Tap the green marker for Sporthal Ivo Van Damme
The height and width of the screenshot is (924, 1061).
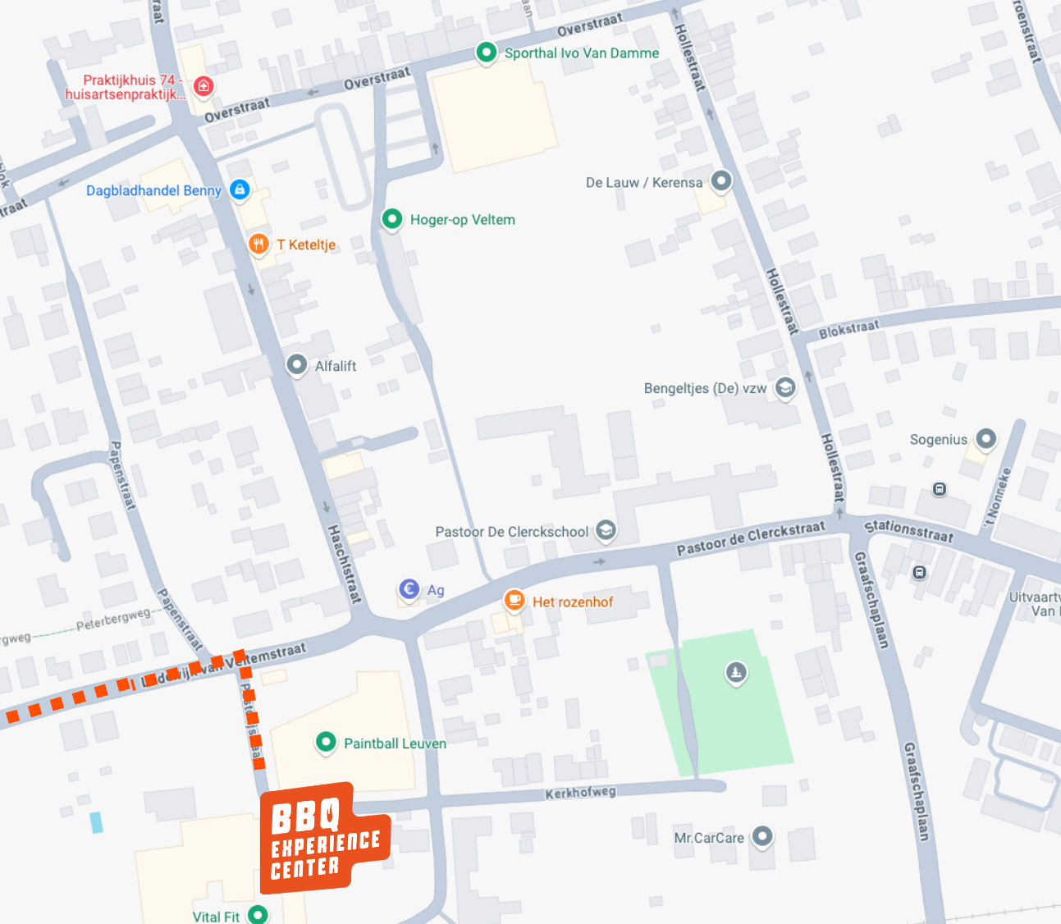(486, 53)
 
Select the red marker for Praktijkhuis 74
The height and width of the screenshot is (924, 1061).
(204, 85)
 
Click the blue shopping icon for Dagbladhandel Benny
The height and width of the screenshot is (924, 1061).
(239, 190)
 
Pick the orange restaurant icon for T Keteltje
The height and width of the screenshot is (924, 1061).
(258, 243)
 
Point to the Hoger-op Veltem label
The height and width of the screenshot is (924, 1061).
(462, 220)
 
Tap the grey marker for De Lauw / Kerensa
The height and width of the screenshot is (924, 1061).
(720, 181)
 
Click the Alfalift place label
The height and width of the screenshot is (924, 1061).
(335, 366)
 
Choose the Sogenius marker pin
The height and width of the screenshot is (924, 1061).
(986, 438)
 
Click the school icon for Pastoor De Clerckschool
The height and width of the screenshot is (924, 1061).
(606, 530)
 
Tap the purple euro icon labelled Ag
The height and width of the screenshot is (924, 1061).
(409, 588)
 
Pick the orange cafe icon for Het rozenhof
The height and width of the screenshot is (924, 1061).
(514, 601)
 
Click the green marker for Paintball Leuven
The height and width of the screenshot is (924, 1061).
(326, 742)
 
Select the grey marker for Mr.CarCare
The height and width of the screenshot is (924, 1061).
(762, 836)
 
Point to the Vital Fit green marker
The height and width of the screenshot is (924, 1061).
(258, 913)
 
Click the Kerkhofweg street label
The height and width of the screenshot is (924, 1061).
(580, 793)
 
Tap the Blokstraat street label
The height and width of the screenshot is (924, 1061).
(848, 329)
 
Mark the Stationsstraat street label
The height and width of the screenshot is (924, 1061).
(908, 531)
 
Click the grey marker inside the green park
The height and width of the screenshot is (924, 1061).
(736, 673)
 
